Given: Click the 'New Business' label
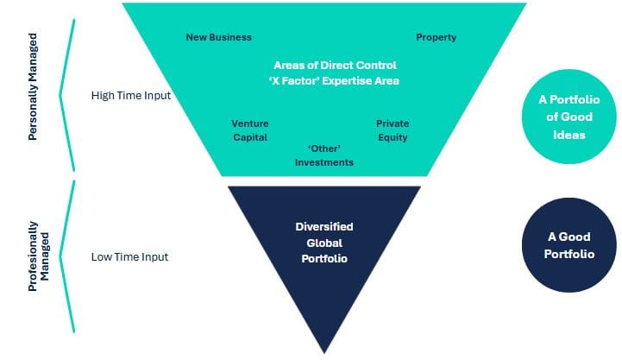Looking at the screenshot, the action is pyautogui.click(x=218, y=37).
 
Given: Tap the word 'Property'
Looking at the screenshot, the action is pyautogui.click(x=436, y=38).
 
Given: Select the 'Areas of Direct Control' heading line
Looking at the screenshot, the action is pyautogui.click(x=335, y=65).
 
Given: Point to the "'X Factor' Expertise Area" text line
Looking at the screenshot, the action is pyautogui.click(x=334, y=81).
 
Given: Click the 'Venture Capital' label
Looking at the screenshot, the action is pyautogui.click(x=250, y=130).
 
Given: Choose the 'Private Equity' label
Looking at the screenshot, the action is pyautogui.click(x=393, y=130).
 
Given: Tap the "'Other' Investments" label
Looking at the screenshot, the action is pyautogui.click(x=324, y=155).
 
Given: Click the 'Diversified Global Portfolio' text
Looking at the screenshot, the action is pyautogui.click(x=324, y=243).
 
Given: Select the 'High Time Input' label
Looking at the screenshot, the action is pyautogui.click(x=131, y=96).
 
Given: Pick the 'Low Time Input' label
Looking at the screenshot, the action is pyautogui.click(x=129, y=256).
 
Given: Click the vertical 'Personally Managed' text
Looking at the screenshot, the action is pyautogui.click(x=33, y=86).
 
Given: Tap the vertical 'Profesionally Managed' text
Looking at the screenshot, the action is pyautogui.click(x=38, y=256).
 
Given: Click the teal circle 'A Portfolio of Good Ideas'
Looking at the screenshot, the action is pyautogui.click(x=569, y=117).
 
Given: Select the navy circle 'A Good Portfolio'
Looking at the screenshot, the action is pyautogui.click(x=569, y=245).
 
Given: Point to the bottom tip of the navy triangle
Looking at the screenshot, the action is pyautogui.click(x=324, y=353).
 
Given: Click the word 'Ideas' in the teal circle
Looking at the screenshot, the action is pyautogui.click(x=569, y=135).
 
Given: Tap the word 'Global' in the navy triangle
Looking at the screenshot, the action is pyautogui.click(x=324, y=243).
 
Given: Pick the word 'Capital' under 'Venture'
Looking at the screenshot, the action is pyautogui.click(x=250, y=137).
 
